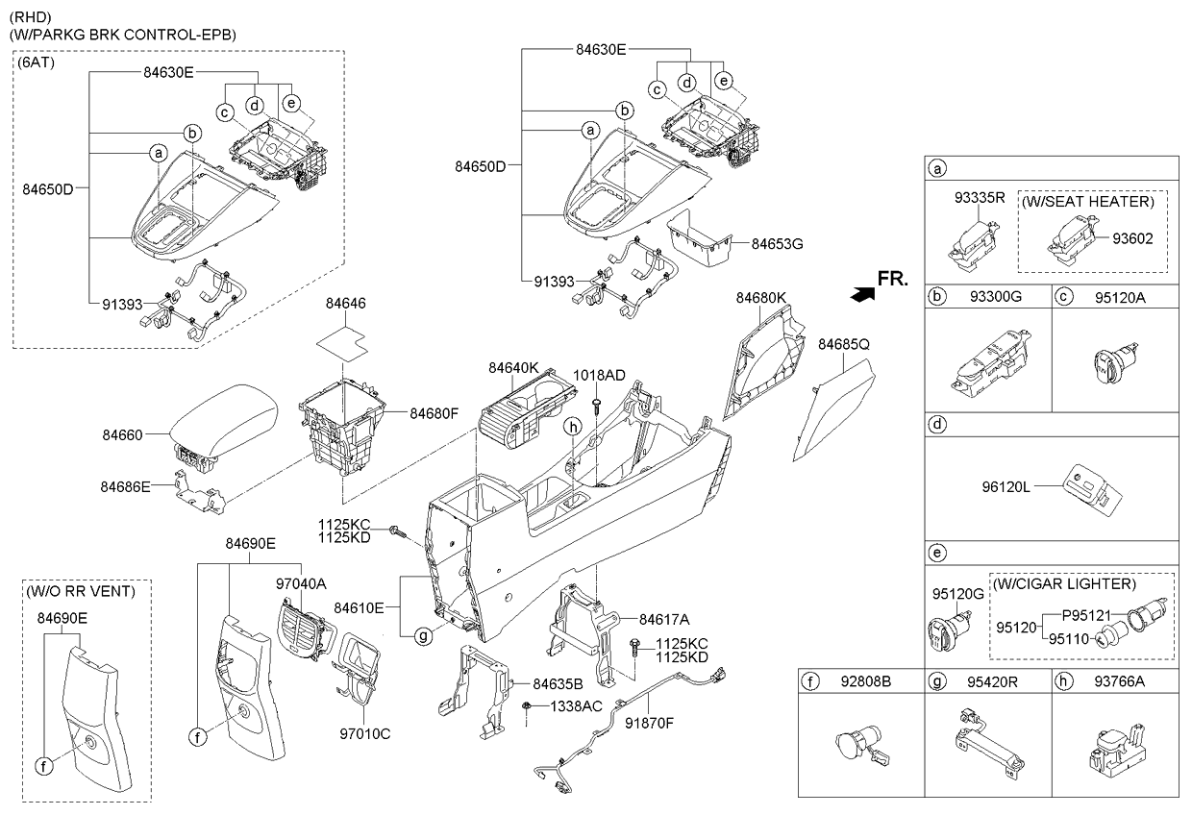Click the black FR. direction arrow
pyautogui.click(x=862, y=294)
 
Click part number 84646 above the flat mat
pyautogui.click(x=345, y=304)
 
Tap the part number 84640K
pyautogui.click(x=513, y=367)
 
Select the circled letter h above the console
pyautogui.click(x=573, y=427)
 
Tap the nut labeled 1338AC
pyautogui.click(x=526, y=706)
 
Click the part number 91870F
pyautogui.click(x=649, y=723)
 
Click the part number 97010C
pyautogui.click(x=365, y=734)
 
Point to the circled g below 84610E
pyautogui.click(x=423, y=635)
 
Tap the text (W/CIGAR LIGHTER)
pyautogui.click(x=1065, y=584)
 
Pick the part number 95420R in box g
pyautogui.click(x=992, y=681)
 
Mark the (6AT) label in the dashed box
pyautogui.click(x=37, y=62)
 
